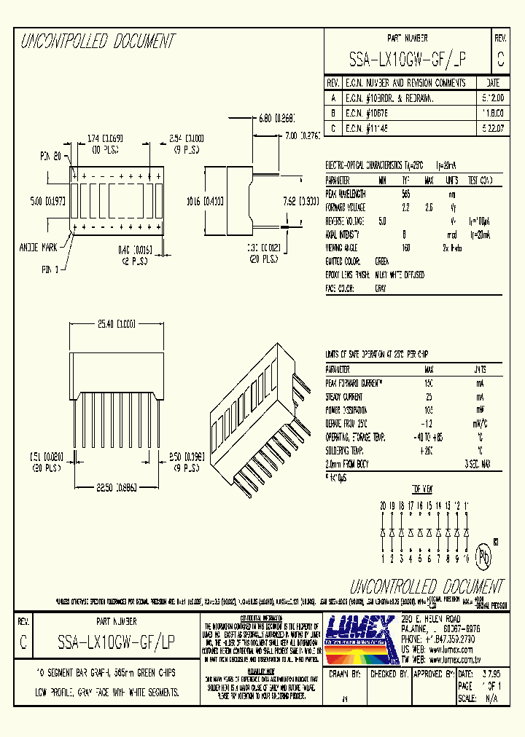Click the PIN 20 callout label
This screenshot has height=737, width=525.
[50, 156]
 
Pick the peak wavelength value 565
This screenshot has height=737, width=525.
[406, 194]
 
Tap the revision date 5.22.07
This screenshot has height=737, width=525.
[493, 128]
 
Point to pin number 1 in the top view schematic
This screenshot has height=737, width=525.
[383, 560]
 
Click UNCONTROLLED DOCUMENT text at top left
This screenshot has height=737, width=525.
[98, 41]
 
